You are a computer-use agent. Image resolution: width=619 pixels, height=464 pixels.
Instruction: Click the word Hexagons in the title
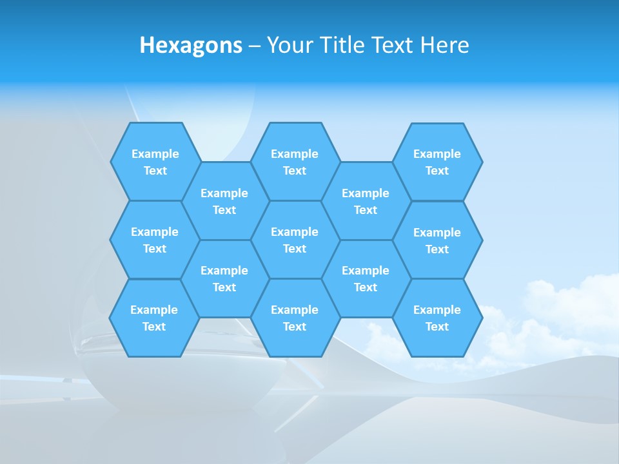point(191,45)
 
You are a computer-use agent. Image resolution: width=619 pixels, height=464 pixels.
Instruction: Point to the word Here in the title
point(444,45)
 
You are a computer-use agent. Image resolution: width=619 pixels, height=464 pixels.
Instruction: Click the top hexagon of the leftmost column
point(155,162)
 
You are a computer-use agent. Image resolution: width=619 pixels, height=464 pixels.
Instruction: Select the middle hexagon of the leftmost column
point(155,240)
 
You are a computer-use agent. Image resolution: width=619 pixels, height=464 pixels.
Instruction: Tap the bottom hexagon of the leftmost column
point(154,318)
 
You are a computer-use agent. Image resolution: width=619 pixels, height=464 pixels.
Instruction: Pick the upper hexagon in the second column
point(224,201)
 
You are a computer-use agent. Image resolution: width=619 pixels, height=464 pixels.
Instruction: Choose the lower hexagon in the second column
point(224,278)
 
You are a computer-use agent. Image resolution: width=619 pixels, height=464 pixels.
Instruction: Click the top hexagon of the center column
point(295,162)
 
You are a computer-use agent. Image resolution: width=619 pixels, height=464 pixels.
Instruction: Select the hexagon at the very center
point(295,240)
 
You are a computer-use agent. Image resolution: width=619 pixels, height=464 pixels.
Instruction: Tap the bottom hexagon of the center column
point(295,318)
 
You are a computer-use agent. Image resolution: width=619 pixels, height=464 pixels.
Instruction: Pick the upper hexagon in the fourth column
point(366,201)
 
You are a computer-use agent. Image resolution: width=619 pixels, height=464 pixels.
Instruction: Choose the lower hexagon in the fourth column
point(366,278)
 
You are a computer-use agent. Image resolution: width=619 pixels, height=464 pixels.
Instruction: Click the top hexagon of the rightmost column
point(437,162)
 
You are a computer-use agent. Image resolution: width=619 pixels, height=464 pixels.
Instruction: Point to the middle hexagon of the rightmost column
point(437,240)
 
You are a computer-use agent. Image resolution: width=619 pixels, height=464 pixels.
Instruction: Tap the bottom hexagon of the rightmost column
point(437,318)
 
